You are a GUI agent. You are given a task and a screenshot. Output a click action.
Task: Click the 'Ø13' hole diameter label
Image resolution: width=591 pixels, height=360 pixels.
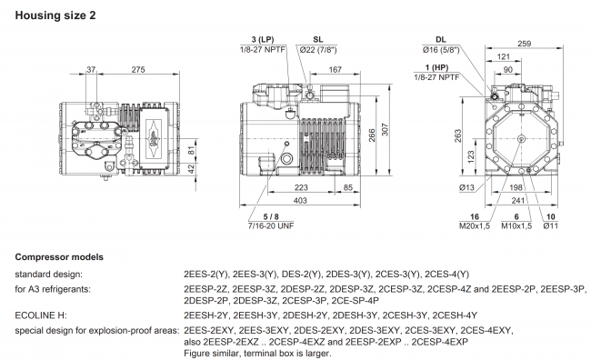pyautogui.click(x=467, y=188)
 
